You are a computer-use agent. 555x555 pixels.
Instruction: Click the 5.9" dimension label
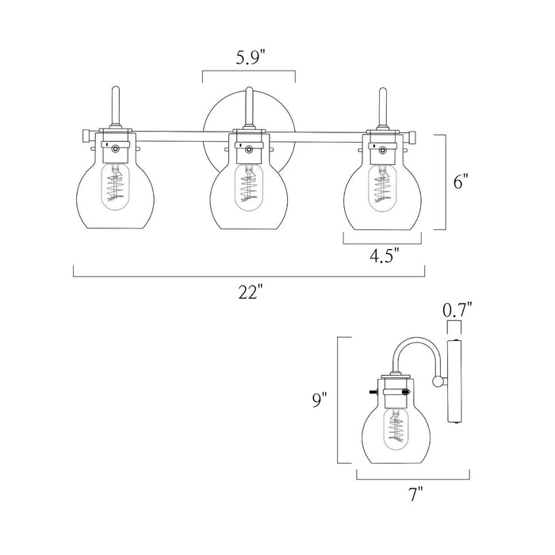pyautogui.click(x=248, y=57)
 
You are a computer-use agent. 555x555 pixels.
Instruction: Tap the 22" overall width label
pyautogui.click(x=249, y=293)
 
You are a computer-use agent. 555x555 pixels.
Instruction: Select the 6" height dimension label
pyautogui.click(x=461, y=182)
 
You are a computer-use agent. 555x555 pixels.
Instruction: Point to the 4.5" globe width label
pyautogui.click(x=384, y=255)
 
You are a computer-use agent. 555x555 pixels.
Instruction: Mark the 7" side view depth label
pyautogui.click(x=413, y=496)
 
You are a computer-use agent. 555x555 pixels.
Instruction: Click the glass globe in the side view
pyautogui.click(x=394, y=432)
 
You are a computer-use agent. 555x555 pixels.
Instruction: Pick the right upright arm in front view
pyautogui.click(x=381, y=107)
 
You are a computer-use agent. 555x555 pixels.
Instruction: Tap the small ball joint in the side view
pyautogui.click(x=437, y=382)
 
